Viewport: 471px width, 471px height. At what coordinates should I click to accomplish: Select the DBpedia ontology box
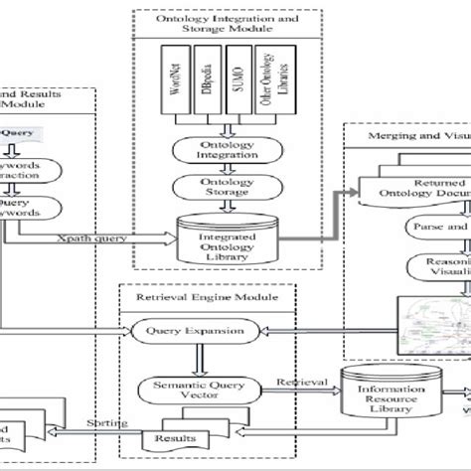pyautogui.click(x=205, y=84)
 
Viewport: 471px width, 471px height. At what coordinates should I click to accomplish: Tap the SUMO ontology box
pyautogui.click(x=236, y=84)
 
